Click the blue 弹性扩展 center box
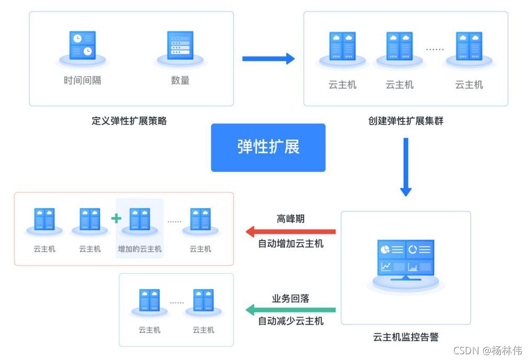coord(268,148)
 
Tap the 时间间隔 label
coord(82,81)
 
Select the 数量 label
coord(180,81)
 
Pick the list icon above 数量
coord(180,45)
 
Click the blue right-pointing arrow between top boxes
coord(268,59)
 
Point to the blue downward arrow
coord(406,167)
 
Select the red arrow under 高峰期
coord(291,231)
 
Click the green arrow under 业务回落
coord(291,310)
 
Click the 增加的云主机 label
coord(140,249)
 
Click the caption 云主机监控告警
coord(406,337)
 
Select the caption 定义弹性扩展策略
coord(129,121)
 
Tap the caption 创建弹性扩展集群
coord(406,121)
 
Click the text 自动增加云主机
coord(291,243)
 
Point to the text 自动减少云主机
coord(291,321)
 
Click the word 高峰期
coord(291,219)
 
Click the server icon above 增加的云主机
coord(140,219)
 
